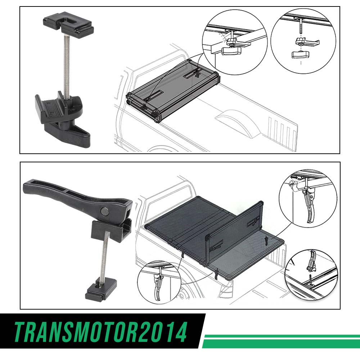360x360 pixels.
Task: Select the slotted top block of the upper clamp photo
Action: click(68, 23)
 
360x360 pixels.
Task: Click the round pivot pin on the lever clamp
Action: click(105, 211)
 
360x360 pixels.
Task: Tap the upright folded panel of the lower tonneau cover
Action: click(234, 232)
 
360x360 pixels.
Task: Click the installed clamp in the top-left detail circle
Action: click(232, 45)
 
